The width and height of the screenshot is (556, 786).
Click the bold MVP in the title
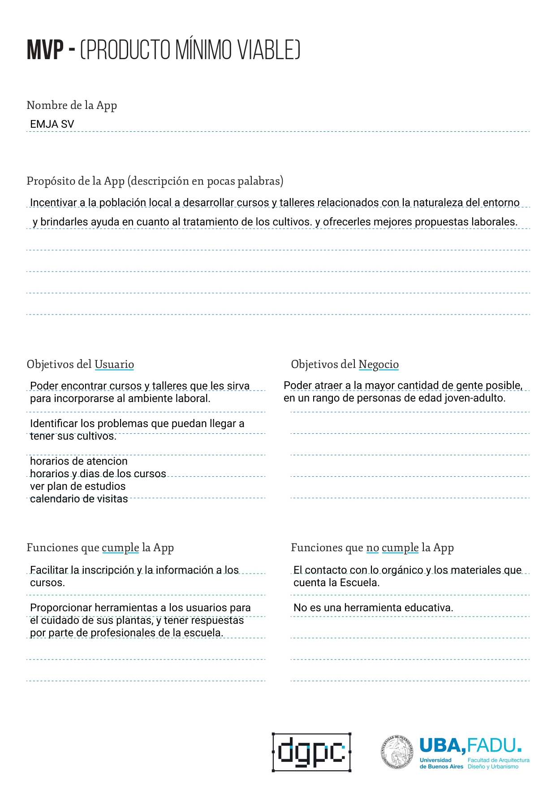(45, 50)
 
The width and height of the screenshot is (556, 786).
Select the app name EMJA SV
(52, 124)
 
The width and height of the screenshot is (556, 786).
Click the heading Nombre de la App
(72, 105)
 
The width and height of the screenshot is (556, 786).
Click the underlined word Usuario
(114, 364)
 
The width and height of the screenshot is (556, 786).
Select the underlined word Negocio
(379, 364)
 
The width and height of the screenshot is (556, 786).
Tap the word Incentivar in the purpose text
(53, 203)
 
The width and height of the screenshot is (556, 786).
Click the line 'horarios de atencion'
(79, 461)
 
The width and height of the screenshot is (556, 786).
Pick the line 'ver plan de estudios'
(78, 486)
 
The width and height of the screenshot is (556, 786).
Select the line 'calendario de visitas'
(79, 499)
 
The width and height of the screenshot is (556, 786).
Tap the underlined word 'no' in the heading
(372, 548)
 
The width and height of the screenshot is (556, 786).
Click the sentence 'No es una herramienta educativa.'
(373, 608)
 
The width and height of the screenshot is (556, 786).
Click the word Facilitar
(49, 570)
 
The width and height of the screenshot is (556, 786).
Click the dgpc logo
(311, 752)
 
